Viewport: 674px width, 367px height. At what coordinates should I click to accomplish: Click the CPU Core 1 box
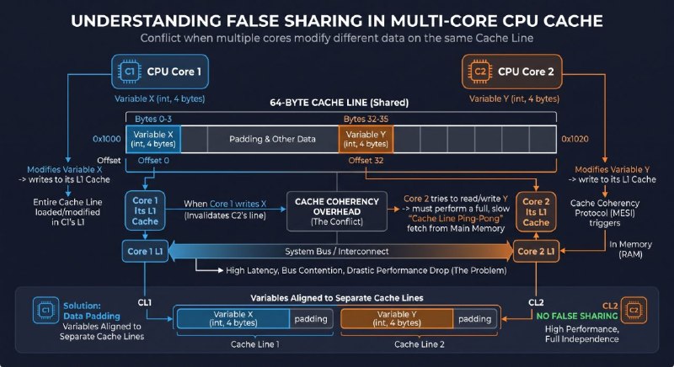click(x=160, y=72)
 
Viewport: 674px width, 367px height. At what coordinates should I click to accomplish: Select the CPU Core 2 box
click(x=512, y=72)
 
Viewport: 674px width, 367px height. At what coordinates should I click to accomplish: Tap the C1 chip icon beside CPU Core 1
click(x=130, y=72)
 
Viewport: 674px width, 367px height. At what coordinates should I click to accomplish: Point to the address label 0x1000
click(x=107, y=139)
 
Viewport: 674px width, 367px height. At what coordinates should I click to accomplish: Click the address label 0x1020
click(x=575, y=139)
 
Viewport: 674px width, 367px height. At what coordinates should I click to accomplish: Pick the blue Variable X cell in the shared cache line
click(x=153, y=139)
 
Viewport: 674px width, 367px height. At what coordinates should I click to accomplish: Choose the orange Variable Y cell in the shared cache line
click(x=366, y=139)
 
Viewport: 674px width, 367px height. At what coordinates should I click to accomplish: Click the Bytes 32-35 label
click(x=366, y=119)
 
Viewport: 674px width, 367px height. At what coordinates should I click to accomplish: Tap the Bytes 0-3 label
click(x=153, y=119)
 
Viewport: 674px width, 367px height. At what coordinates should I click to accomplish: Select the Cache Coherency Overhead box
click(x=337, y=211)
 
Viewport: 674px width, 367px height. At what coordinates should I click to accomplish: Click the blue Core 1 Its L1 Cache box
click(x=145, y=210)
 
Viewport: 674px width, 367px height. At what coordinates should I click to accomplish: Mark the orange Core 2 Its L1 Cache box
click(x=536, y=211)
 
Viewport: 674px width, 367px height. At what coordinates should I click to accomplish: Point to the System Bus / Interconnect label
click(x=336, y=252)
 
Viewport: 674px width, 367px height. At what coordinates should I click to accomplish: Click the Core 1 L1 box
click(x=145, y=251)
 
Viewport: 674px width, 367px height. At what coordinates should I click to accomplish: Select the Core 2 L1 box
click(x=536, y=251)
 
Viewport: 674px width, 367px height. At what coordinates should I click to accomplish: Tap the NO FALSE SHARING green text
click(x=577, y=316)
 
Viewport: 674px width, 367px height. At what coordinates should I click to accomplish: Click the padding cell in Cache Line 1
click(x=311, y=319)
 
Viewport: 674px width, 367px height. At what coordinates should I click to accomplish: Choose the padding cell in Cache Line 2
click(x=474, y=319)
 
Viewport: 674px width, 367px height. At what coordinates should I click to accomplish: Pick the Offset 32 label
click(x=366, y=161)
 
